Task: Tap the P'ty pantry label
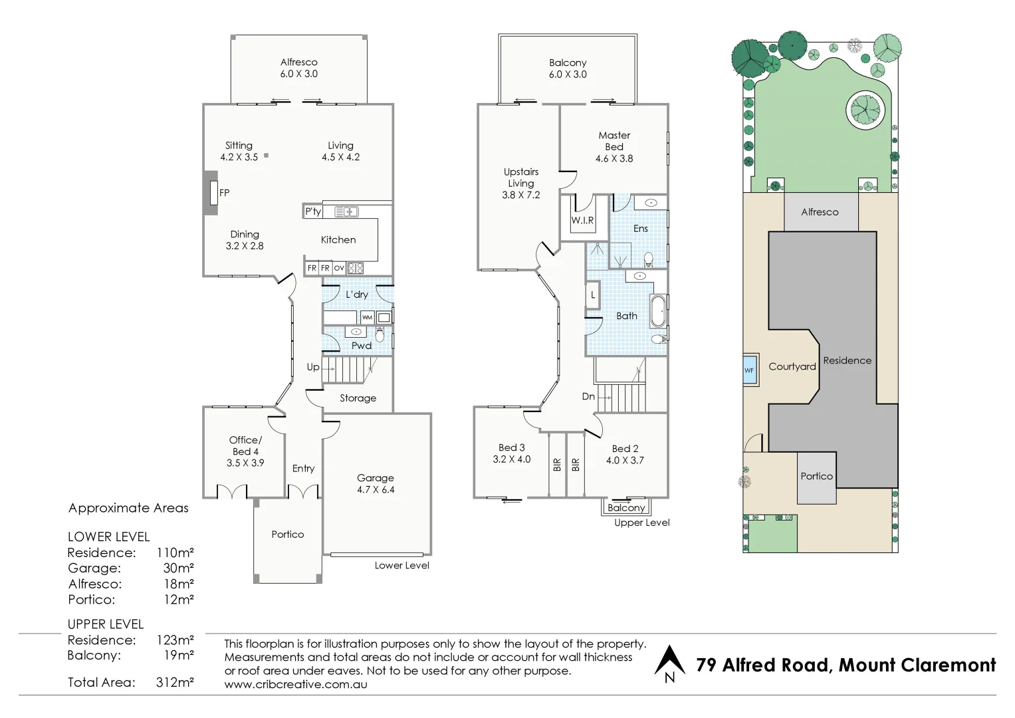312,211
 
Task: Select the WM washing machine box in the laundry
367,317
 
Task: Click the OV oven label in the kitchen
339,269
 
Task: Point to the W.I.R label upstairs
582,221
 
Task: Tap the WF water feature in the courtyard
749,370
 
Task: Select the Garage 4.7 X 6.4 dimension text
376,490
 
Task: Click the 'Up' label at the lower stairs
313,367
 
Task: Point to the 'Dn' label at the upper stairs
588,396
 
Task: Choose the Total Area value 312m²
175,682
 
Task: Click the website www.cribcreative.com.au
296,684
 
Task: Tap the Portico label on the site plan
816,477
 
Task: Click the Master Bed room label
614,141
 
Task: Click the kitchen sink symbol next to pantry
346,212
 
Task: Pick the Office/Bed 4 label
245,445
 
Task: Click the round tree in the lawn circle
863,108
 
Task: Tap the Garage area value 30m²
178,568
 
